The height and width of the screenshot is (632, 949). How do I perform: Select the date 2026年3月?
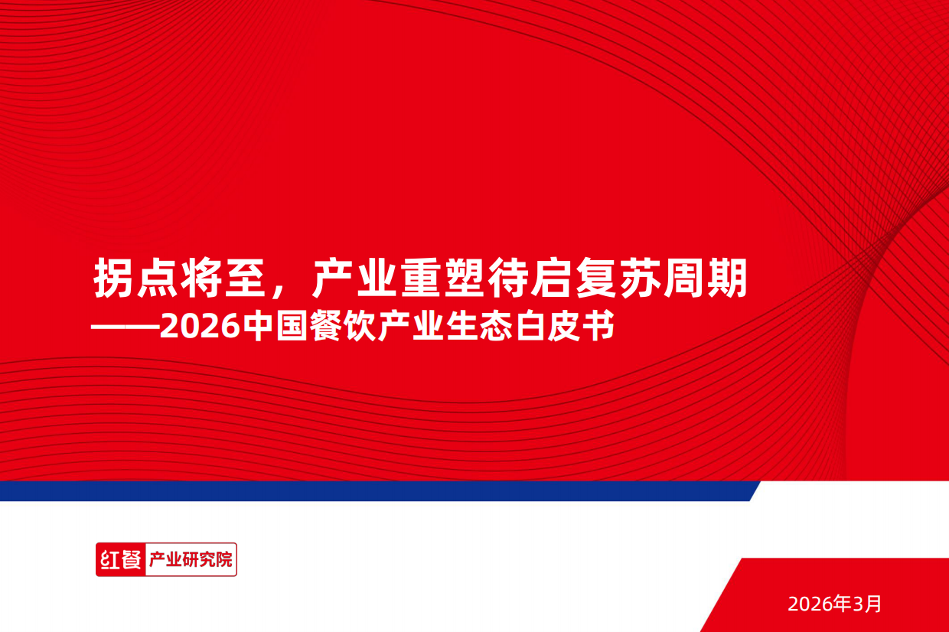pos(835,604)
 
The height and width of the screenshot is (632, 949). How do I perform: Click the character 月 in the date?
pos(874,604)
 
